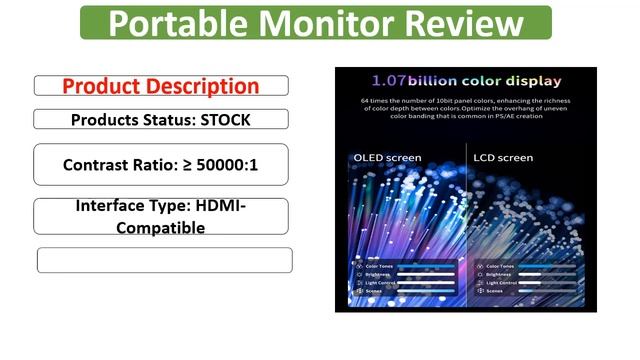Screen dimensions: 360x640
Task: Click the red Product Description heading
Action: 160,86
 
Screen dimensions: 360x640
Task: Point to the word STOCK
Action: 220,119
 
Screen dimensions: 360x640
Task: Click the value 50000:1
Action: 223,164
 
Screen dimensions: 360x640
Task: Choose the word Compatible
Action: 160,227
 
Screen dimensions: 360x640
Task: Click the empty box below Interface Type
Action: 164,260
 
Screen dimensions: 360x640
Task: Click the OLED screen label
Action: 388,158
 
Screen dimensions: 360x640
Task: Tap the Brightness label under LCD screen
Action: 500,274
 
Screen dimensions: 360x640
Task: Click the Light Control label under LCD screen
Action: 502,283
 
